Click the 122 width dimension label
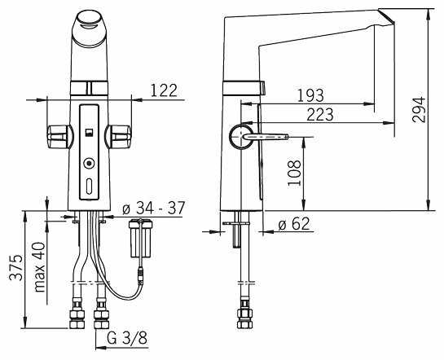pyautogui.click(x=164, y=90)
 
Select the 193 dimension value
pyautogui.click(x=310, y=95)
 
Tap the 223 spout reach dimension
pyautogui.click(x=320, y=115)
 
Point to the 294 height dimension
pyautogui.click(x=419, y=109)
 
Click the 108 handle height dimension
pyautogui.click(x=294, y=173)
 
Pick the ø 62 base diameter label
pyautogui.click(x=294, y=224)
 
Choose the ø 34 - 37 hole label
pyautogui.click(x=154, y=208)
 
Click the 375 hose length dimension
pyautogui.click(x=15, y=267)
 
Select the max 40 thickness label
pyautogui.click(x=39, y=267)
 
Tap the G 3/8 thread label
pyautogui.click(x=127, y=337)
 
